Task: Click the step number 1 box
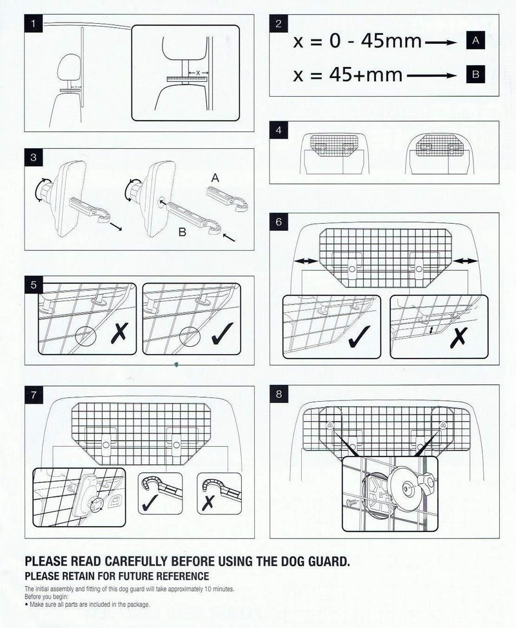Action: click(33, 26)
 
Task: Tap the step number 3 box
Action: click(33, 157)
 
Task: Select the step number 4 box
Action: click(278, 131)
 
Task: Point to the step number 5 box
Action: click(33, 284)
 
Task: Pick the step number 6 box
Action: click(278, 221)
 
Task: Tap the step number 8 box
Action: click(278, 394)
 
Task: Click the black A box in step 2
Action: click(475, 41)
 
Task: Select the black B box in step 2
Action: click(475, 75)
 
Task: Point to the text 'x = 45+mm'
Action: click(348, 75)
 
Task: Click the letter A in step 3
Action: click(215, 176)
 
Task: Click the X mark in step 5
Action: click(119, 334)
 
